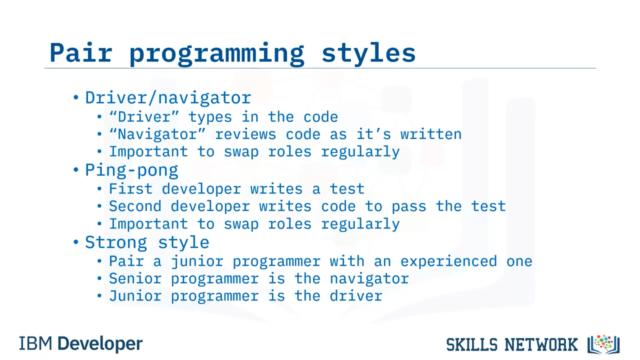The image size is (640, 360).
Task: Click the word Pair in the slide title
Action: (x=81, y=52)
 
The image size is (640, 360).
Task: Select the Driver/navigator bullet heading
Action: (x=168, y=97)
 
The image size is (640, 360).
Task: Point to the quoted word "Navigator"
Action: (x=157, y=134)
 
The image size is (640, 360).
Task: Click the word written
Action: (x=431, y=134)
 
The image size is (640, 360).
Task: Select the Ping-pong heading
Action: (x=131, y=170)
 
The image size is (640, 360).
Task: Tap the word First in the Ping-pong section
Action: (x=131, y=189)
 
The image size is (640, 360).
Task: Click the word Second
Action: (x=135, y=206)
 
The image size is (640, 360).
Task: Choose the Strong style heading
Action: (x=147, y=242)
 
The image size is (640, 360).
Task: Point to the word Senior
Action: (x=135, y=278)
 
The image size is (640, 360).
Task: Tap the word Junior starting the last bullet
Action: (x=135, y=295)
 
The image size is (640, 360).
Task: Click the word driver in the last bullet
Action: (x=356, y=295)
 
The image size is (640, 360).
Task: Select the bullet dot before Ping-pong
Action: (x=75, y=169)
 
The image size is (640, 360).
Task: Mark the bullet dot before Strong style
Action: (x=75, y=242)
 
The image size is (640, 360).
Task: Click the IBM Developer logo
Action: (x=81, y=344)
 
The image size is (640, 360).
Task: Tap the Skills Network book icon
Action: (x=603, y=344)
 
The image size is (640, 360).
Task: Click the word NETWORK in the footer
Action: (x=541, y=344)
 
